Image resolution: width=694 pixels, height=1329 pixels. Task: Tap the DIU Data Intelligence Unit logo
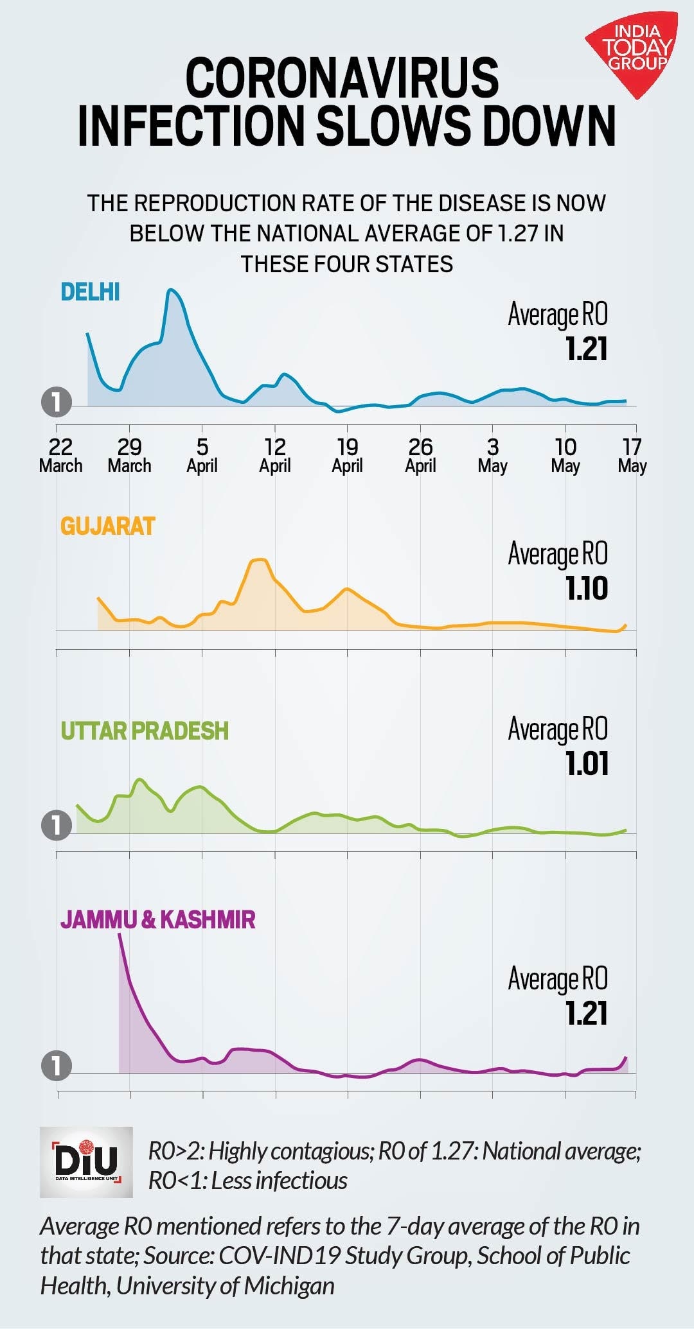(x=86, y=1161)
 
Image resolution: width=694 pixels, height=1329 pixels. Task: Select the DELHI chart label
(x=90, y=292)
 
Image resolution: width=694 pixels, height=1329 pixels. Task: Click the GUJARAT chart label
(x=108, y=526)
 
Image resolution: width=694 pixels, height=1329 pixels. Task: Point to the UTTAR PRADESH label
(x=145, y=731)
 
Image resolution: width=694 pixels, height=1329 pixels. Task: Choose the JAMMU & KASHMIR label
(x=158, y=919)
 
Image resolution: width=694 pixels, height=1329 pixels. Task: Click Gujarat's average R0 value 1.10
(x=587, y=589)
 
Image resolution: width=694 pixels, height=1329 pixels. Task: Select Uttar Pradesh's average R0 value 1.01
(x=587, y=764)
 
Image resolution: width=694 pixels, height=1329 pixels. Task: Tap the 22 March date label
(x=60, y=455)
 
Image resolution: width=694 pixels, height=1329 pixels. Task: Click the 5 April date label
(x=202, y=455)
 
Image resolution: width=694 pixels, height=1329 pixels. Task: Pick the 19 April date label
(x=347, y=455)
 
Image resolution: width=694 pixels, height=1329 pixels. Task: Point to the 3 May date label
(x=492, y=455)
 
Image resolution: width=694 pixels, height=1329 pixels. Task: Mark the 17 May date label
(x=632, y=455)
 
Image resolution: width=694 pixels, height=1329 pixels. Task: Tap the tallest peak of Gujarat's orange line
(x=260, y=560)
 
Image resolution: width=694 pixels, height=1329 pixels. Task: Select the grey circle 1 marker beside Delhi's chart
(x=57, y=403)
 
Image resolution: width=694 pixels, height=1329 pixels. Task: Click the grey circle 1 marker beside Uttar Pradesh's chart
(x=57, y=826)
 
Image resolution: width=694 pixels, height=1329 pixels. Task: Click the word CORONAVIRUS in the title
(x=342, y=77)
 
